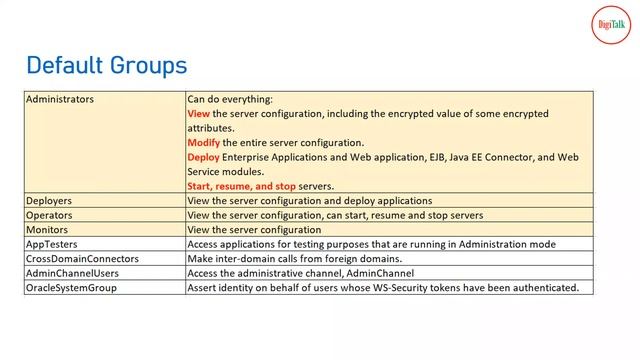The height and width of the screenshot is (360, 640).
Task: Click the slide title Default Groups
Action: tap(106, 66)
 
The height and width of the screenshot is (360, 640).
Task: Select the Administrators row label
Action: tap(60, 100)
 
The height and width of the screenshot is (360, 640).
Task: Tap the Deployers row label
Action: tap(49, 201)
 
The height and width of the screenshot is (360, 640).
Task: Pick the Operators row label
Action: tap(49, 215)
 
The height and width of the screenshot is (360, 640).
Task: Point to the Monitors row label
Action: tap(47, 230)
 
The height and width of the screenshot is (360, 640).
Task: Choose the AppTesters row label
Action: tap(52, 244)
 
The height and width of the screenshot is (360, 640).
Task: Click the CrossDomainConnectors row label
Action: tap(82, 259)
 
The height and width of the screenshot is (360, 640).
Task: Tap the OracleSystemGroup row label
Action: tap(71, 288)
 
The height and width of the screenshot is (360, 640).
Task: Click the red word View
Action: tap(198, 114)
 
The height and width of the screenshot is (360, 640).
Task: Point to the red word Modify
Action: tap(203, 143)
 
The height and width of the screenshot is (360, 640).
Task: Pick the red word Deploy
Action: tap(203, 157)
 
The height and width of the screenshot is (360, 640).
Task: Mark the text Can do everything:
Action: tap(229, 100)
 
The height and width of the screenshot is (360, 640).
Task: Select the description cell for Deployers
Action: tap(309, 201)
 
